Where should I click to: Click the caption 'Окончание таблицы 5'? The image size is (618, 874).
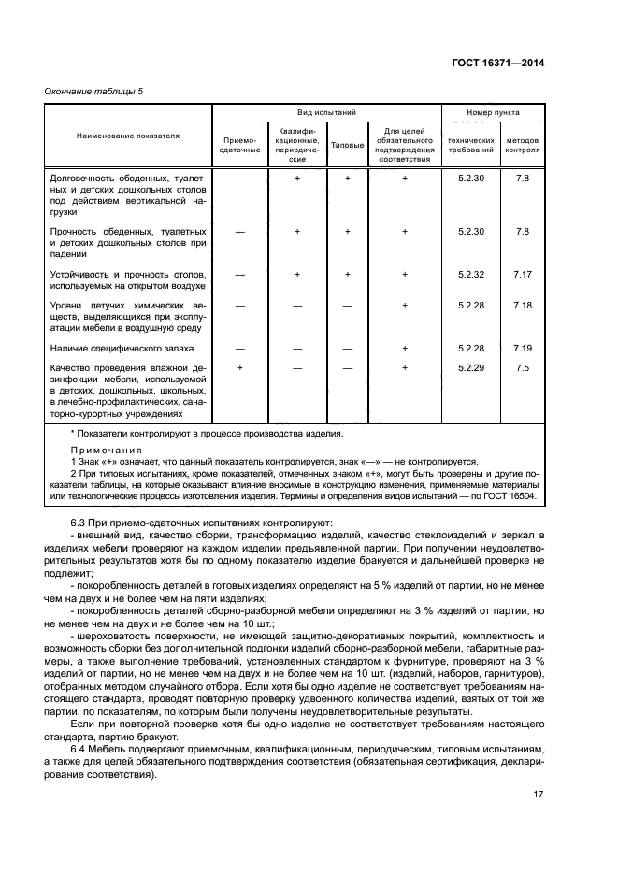[93, 91]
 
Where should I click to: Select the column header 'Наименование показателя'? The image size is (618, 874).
[127, 136]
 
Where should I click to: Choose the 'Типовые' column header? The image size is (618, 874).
[347, 145]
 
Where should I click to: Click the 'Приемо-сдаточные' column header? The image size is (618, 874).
[239, 145]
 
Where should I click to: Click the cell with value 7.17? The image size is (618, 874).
[523, 274]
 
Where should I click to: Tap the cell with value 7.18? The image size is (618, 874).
[523, 306]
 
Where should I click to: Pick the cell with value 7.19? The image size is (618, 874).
[523, 348]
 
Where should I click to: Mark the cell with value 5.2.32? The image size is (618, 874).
[468, 274]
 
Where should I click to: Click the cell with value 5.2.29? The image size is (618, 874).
[468, 368]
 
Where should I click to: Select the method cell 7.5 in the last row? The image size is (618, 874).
[523, 368]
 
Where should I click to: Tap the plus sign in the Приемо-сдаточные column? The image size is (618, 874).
[240, 368]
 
